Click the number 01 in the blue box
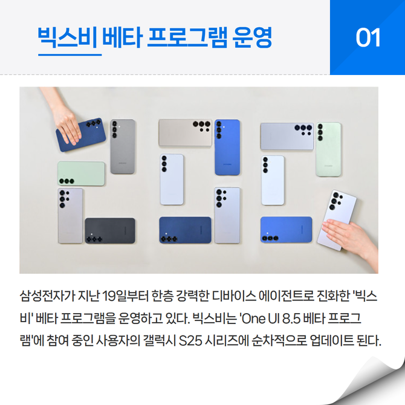point(368,37)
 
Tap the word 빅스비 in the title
point(68,37)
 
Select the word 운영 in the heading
point(252,37)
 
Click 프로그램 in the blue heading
point(187,37)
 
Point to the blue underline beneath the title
point(70,55)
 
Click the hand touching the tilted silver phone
point(351,238)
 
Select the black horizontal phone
point(110,230)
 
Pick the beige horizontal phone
point(186,132)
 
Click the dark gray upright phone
point(123,146)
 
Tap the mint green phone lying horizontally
point(81,173)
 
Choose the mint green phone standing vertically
point(328,149)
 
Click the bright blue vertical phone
point(227,147)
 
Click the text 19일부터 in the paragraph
point(125,296)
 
